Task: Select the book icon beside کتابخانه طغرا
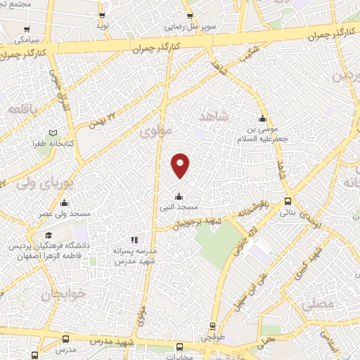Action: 53,133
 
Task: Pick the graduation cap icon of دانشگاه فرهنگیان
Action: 48,236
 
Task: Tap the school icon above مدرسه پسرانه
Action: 134,240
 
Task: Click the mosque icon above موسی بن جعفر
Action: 262,118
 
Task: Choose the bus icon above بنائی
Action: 288,200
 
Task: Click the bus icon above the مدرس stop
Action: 65,339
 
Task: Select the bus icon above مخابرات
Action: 180,346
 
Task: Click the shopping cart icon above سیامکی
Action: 26,30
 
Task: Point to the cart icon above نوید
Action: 102,15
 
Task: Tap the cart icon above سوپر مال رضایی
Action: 188,15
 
